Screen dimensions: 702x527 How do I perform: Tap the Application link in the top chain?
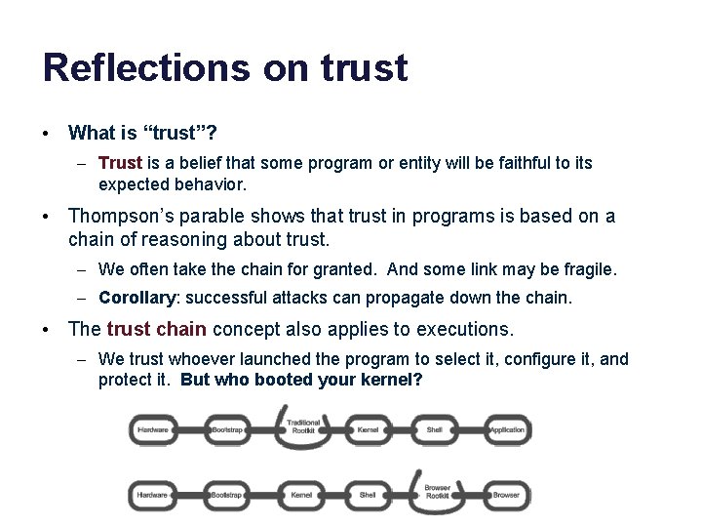pyautogui.click(x=506, y=430)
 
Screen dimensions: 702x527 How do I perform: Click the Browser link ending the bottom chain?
pyautogui.click(x=506, y=495)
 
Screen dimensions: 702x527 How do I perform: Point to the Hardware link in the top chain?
pyautogui.click(x=152, y=430)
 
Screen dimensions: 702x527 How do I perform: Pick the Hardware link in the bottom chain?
pyautogui.click(x=152, y=495)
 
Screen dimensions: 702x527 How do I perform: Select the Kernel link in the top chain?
pyautogui.click(x=369, y=430)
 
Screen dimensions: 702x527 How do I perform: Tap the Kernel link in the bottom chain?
pyautogui.click(x=302, y=495)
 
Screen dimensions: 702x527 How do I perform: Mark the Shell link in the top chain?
pyautogui.click(x=435, y=430)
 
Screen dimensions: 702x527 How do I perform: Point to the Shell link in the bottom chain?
pyautogui.click(x=368, y=495)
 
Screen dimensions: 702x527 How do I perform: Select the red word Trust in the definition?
pyautogui.click(x=121, y=163)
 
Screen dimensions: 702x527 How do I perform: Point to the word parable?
pyautogui.click(x=214, y=217)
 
